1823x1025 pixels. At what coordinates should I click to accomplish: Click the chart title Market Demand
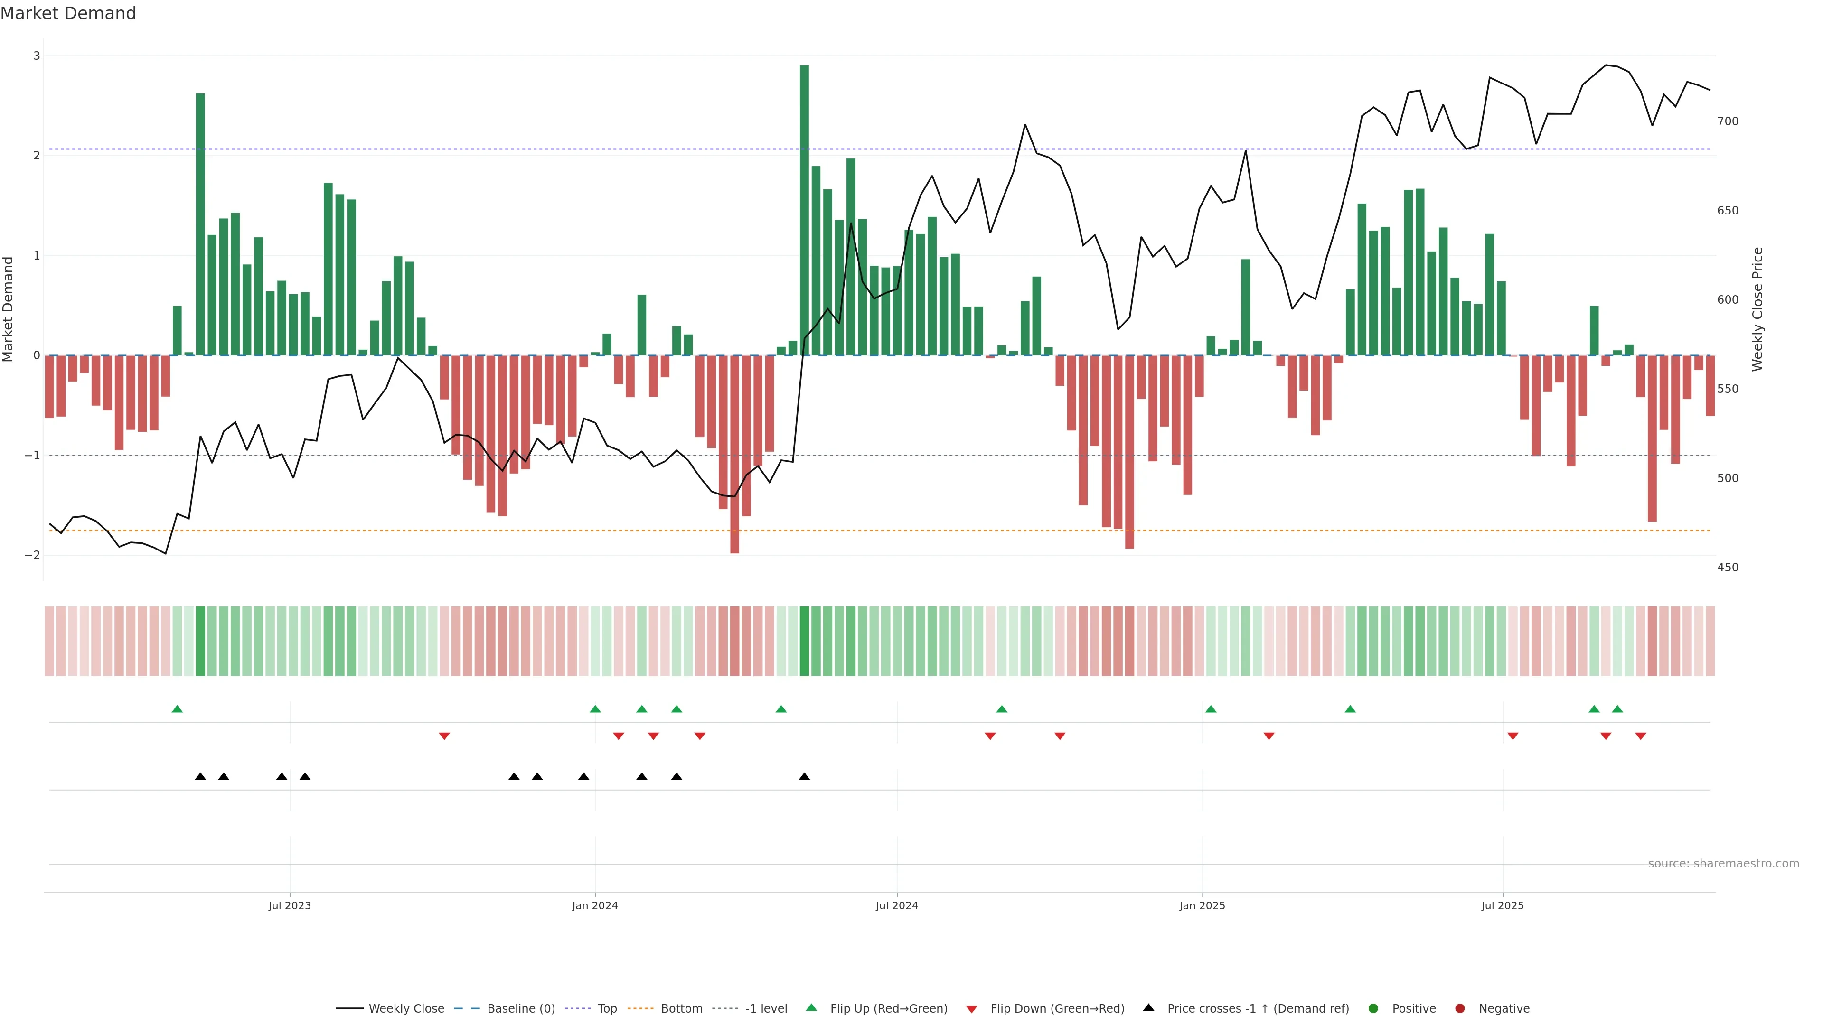tap(68, 13)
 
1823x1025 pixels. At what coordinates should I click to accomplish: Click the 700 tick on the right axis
tap(1728, 121)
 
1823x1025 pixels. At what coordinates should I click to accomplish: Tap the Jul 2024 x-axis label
tap(897, 905)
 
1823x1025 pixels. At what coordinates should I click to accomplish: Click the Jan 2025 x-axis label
tap(1202, 905)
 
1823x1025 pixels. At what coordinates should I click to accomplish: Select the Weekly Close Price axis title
tap(1758, 309)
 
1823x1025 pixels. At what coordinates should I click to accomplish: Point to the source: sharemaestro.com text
tap(1723, 864)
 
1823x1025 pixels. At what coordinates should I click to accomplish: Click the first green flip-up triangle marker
tap(177, 709)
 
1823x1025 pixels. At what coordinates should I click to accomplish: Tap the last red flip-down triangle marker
tap(1640, 736)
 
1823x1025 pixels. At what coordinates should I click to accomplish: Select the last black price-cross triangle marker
tap(804, 777)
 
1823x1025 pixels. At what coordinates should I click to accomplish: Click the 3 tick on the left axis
tap(36, 56)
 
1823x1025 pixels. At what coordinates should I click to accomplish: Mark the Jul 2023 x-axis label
tap(290, 905)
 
